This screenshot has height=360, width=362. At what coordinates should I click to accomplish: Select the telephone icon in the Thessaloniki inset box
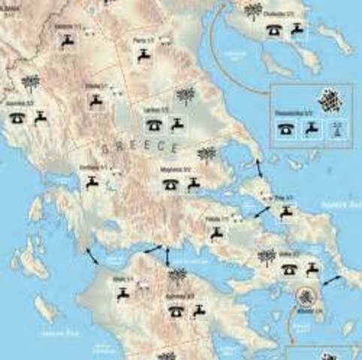click(285, 128)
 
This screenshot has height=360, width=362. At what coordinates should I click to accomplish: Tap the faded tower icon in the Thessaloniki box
click(336, 127)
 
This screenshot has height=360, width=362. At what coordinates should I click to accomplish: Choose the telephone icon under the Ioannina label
click(17, 118)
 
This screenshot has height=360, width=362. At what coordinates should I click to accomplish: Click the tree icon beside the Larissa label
click(186, 96)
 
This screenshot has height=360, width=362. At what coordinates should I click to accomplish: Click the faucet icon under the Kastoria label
click(67, 40)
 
